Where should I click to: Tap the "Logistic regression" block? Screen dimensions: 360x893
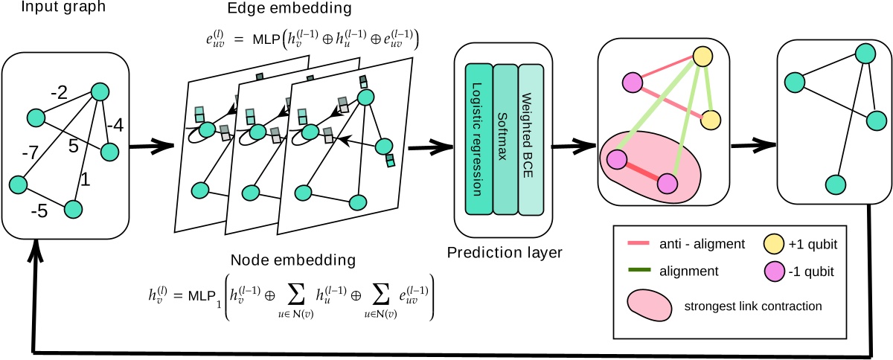pyautogui.click(x=478, y=138)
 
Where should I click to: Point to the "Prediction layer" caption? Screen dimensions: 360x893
pyautogui.click(x=504, y=253)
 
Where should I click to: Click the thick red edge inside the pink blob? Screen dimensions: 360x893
pyautogui.click(x=641, y=172)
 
